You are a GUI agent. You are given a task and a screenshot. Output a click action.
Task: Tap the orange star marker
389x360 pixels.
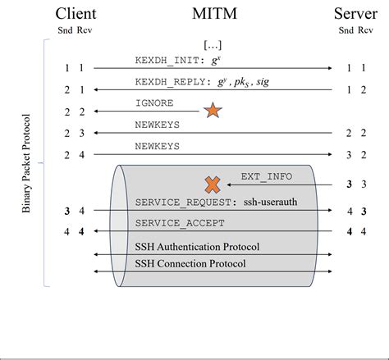(x=213, y=111)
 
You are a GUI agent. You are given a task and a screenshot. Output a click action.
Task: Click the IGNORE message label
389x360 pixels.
(x=154, y=103)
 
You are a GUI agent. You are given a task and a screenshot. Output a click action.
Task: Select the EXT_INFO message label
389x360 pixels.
(x=266, y=177)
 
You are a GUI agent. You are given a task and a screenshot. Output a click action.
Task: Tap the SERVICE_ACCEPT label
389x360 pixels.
(x=176, y=223)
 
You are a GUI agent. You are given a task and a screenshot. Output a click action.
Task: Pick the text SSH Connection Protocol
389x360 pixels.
(x=190, y=264)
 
